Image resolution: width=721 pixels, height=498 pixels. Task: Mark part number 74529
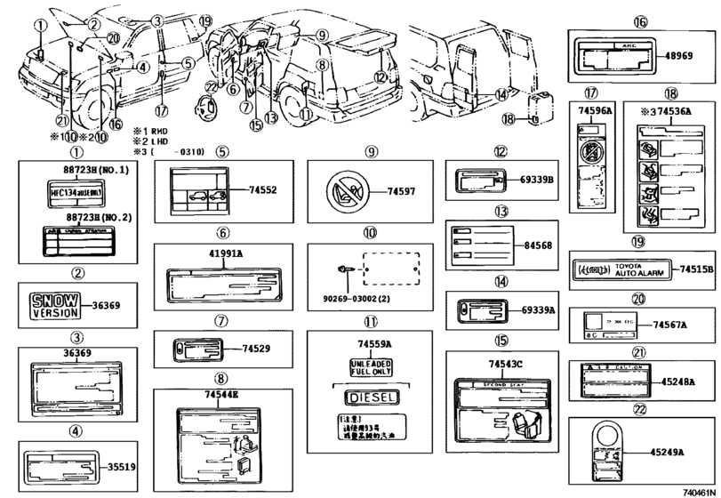(x=258, y=348)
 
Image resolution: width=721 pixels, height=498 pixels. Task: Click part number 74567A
(x=672, y=325)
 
